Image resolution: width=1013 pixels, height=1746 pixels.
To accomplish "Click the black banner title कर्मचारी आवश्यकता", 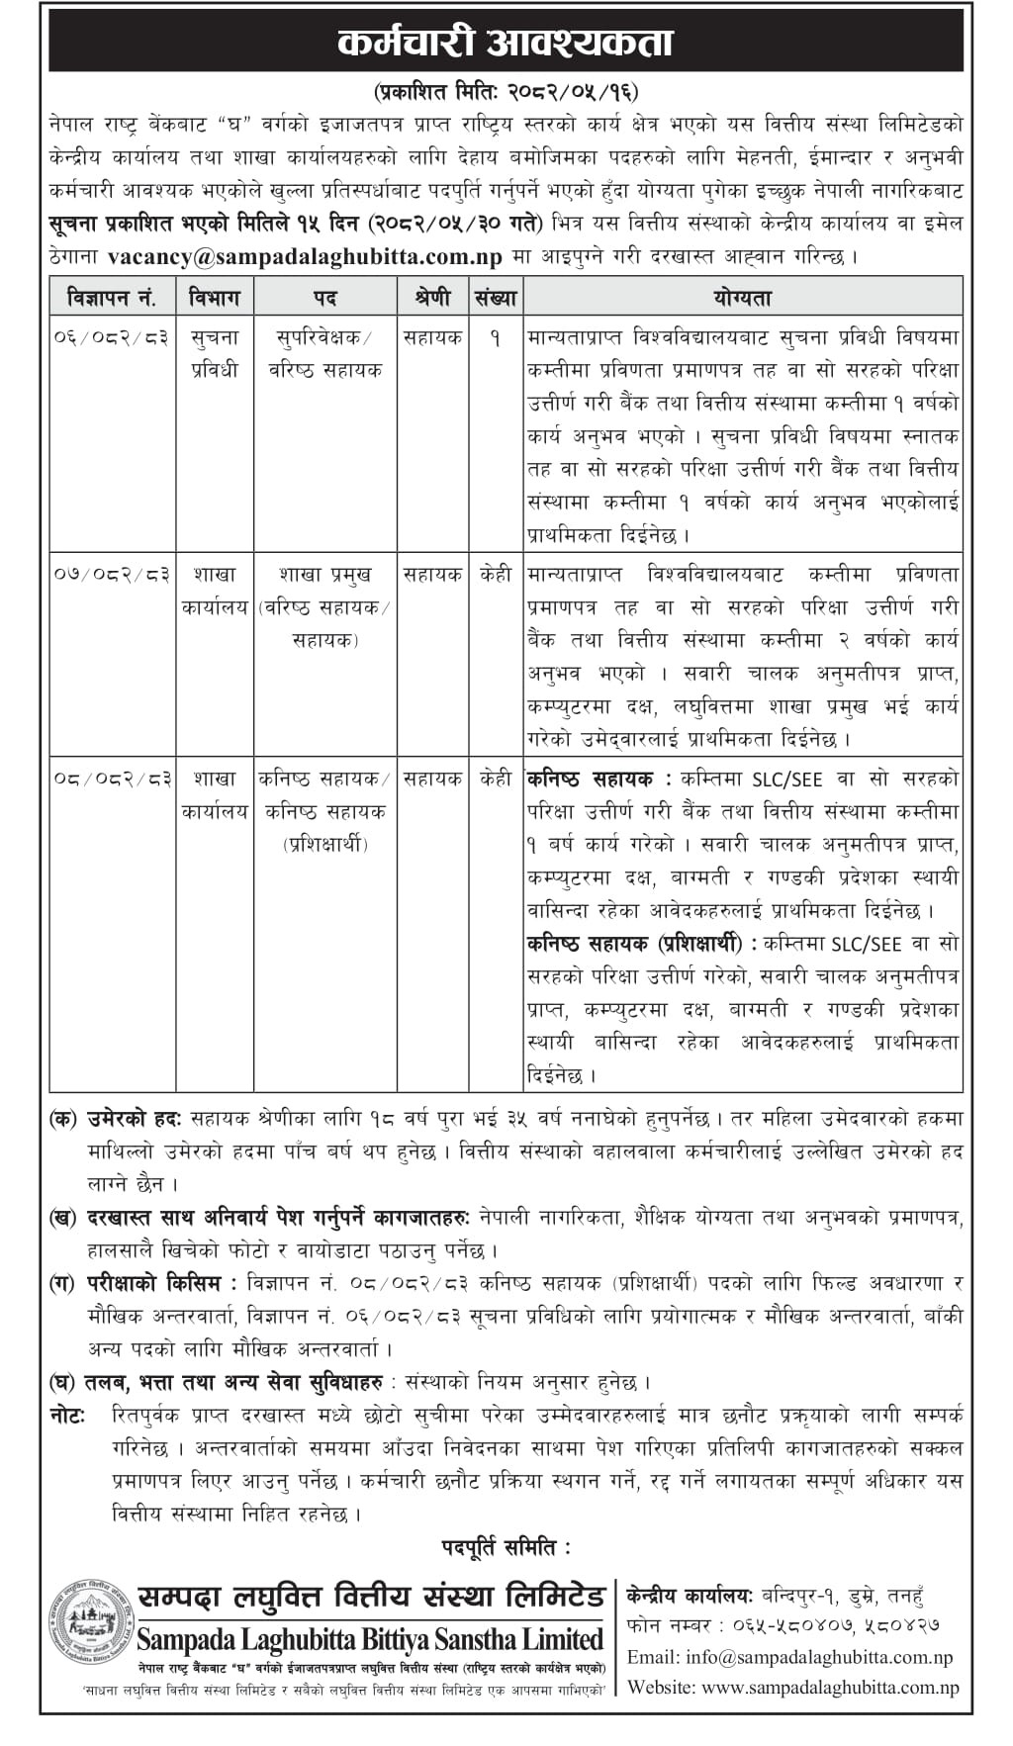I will tap(506, 43).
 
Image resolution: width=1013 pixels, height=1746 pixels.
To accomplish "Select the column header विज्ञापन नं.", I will tap(113, 297).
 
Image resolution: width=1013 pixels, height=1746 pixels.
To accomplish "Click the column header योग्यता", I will tap(742, 297).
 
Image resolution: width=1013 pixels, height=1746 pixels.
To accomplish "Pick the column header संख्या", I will tap(496, 297).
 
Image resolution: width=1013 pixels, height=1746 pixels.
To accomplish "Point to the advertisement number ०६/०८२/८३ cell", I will tap(113, 338).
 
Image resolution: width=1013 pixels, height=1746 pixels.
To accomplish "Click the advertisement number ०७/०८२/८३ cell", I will tap(113, 575).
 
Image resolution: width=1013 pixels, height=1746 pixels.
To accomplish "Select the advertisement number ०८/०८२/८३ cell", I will tap(113, 780).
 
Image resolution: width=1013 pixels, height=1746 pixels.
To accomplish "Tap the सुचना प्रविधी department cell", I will tap(215, 354).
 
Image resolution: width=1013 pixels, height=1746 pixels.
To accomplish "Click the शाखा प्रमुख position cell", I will tap(325, 575).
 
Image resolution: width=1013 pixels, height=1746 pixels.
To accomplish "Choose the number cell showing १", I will tap(495, 338).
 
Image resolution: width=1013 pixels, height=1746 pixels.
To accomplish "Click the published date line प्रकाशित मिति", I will tap(506, 92).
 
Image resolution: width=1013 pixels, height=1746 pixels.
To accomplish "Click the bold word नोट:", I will tap(67, 1415).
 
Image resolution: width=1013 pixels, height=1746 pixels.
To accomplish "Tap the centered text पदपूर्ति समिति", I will tap(506, 1545).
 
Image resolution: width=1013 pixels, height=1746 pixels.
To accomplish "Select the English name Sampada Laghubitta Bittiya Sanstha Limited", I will tap(369, 1639).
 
